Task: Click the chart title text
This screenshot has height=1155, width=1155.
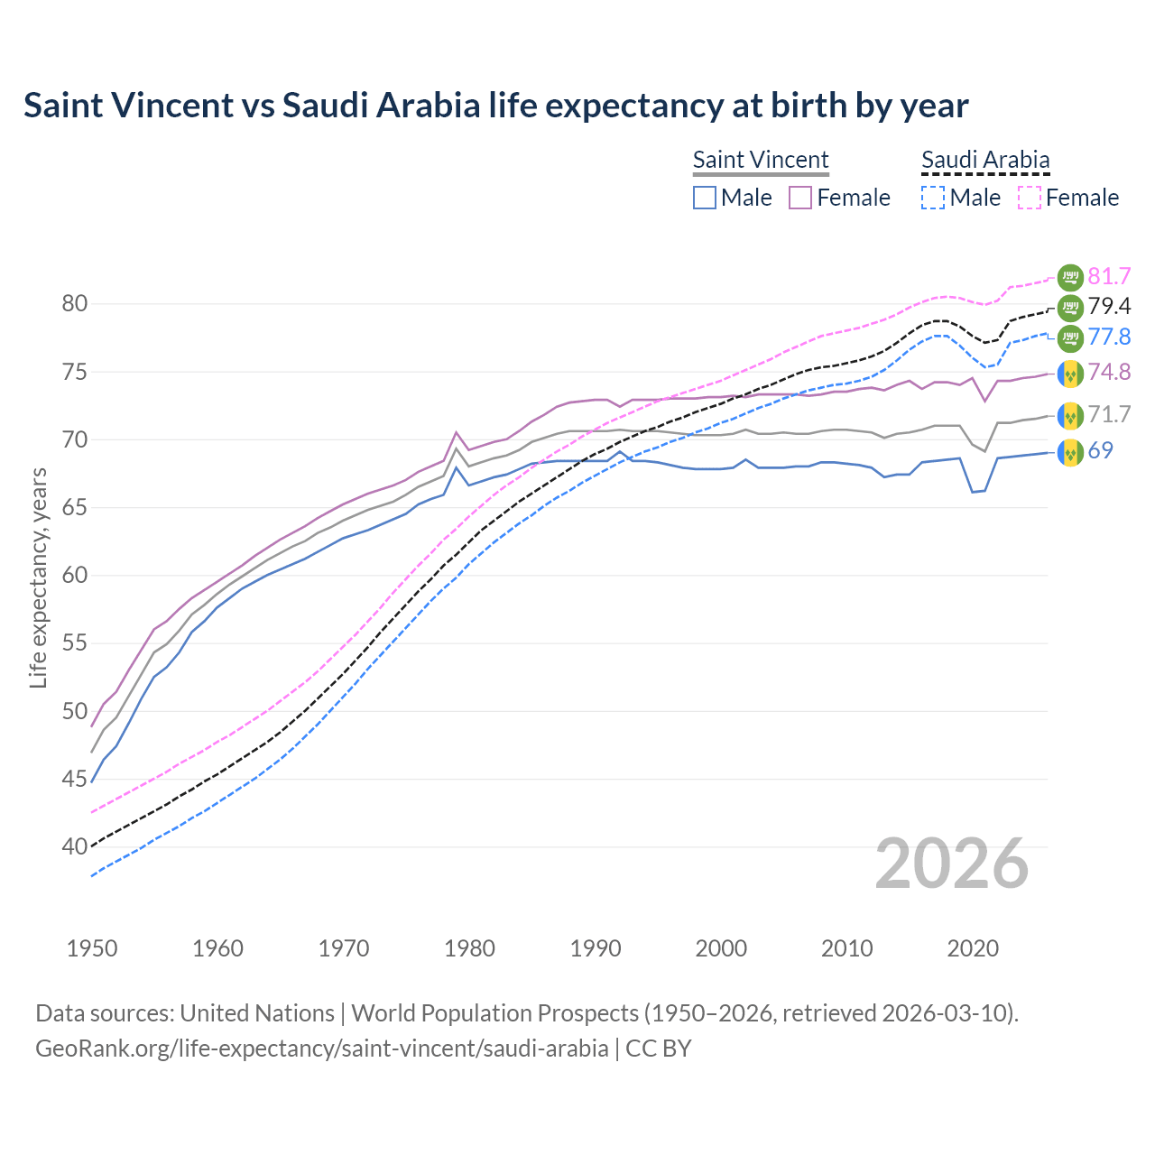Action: [495, 106]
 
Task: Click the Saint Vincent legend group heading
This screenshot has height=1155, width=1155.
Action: [760, 160]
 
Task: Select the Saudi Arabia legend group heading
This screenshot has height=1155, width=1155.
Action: [984, 160]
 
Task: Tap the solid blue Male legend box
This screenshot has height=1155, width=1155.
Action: [705, 198]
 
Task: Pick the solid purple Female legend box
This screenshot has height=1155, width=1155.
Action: [800, 198]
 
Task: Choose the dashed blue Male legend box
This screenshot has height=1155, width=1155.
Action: [933, 198]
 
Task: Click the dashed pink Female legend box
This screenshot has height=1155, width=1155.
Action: [1029, 198]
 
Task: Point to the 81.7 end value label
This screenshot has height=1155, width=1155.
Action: [1109, 276]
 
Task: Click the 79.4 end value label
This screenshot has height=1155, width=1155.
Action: [1109, 307]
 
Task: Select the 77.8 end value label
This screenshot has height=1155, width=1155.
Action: [1109, 337]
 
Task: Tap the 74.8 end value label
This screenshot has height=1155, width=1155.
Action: [1109, 373]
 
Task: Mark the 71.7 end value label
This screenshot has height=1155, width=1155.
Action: [1109, 415]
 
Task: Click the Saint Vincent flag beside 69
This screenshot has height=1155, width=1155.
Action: [1070, 451]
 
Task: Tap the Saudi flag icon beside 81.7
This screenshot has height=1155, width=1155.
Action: [1070, 276]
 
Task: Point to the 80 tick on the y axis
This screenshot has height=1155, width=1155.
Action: [75, 304]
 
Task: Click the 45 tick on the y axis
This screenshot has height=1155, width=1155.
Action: [75, 779]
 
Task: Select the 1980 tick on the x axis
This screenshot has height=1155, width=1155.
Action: [469, 948]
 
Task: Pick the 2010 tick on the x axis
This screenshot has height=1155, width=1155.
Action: [846, 948]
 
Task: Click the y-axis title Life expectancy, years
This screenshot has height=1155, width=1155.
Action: [39, 577]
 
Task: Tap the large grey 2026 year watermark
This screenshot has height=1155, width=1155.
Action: [951, 864]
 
